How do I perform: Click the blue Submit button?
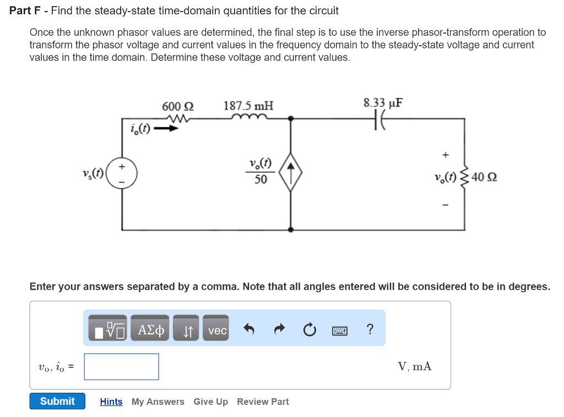click(57, 401)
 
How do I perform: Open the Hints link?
click(111, 402)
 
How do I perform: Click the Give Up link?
click(210, 402)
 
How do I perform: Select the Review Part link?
click(263, 402)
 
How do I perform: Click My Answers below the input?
click(158, 402)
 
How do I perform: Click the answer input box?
click(121, 366)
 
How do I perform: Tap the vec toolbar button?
click(217, 331)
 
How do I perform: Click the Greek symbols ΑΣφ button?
click(151, 331)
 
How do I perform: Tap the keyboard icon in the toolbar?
click(340, 331)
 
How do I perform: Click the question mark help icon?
click(370, 329)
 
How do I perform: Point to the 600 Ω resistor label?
click(177, 106)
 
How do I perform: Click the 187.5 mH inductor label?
click(248, 106)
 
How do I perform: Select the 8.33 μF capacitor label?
click(383, 103)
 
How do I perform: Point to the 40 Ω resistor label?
click(484, 177)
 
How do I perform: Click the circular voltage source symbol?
click(122, 172)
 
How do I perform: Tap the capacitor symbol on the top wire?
click(381, 118)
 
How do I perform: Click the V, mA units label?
click(414, 366)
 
